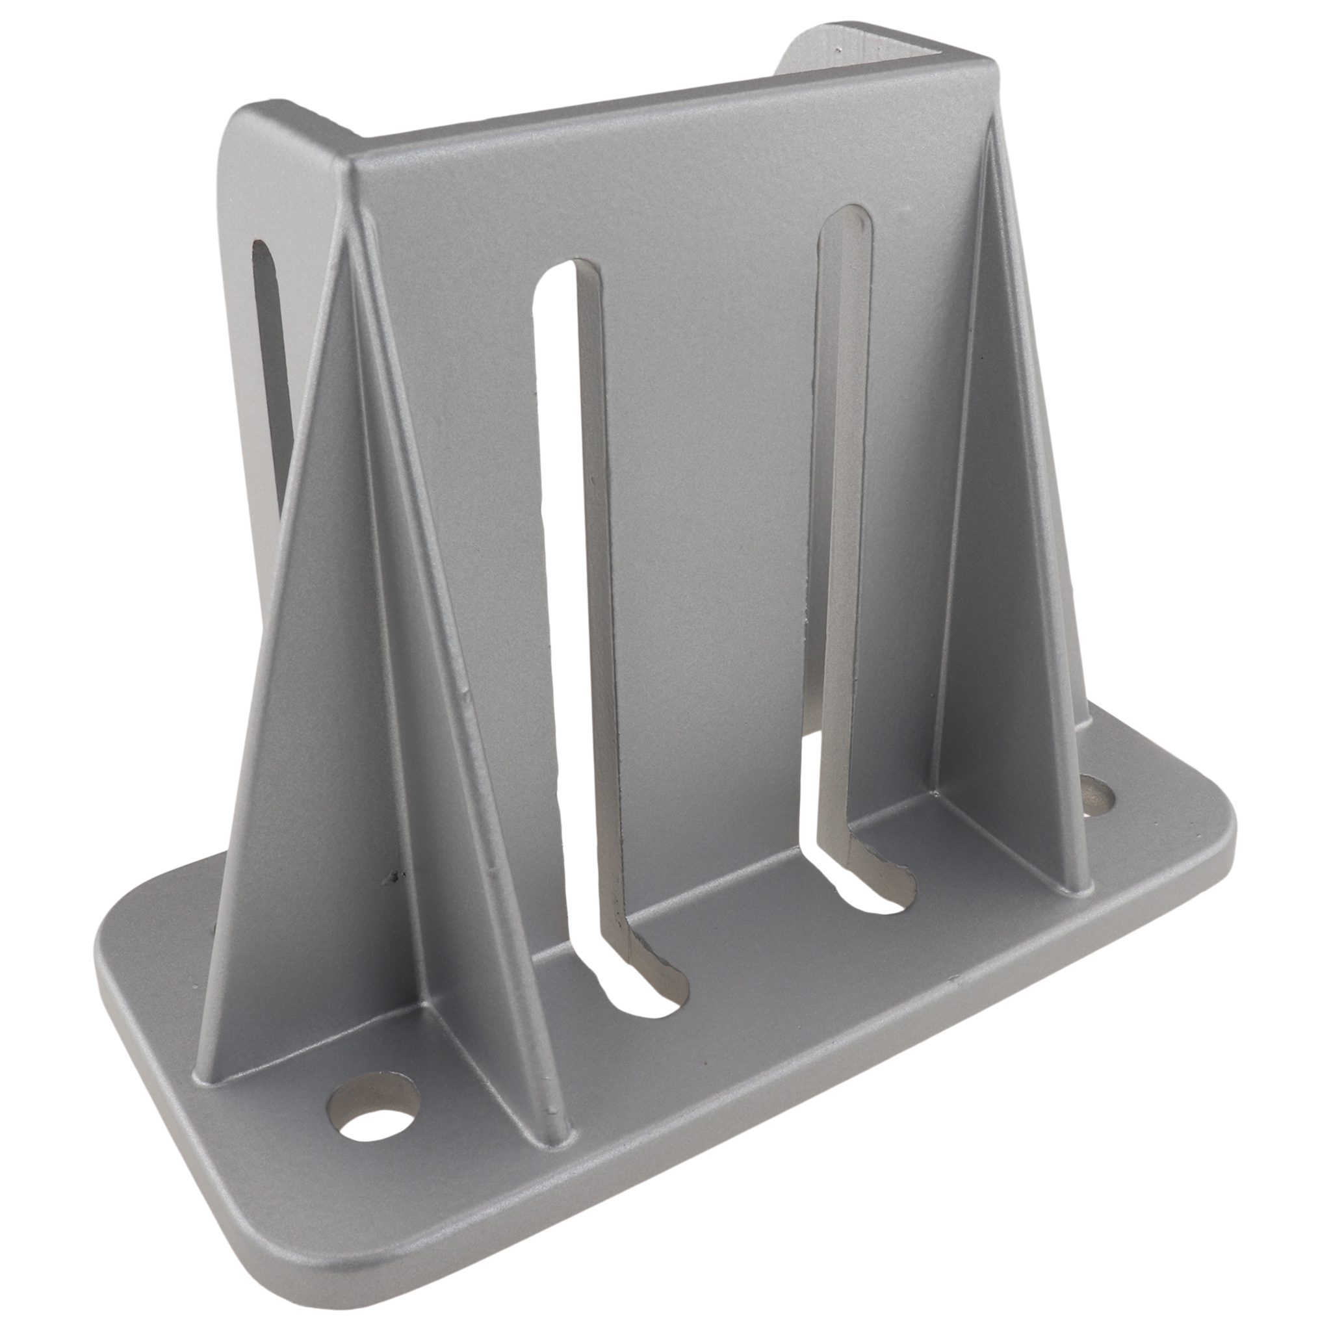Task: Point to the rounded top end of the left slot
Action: point(571,276)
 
